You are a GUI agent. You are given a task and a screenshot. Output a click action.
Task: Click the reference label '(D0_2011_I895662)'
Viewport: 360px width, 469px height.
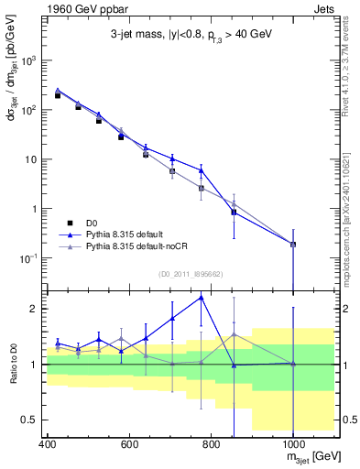(x=191, y=272)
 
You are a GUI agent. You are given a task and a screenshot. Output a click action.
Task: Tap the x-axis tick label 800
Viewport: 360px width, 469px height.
(x=212, y=445)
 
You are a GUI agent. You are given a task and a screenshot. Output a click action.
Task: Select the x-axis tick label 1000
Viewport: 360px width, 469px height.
(x=292, y=445)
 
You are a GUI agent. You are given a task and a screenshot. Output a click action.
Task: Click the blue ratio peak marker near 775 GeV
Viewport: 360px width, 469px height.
(x=202, y=297)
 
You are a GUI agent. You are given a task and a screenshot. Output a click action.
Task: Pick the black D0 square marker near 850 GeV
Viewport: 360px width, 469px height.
(x=234, y=212)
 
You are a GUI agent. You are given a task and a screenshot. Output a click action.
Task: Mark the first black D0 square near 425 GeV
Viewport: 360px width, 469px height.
(x=58, y=95)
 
